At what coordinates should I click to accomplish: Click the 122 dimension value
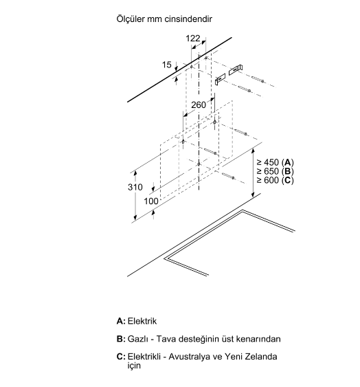point(192,38)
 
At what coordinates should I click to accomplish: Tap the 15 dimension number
point(166,65)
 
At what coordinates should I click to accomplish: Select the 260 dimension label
point(199,105)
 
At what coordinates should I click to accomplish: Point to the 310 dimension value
point(135,187)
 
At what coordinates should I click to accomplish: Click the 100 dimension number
point(151,201)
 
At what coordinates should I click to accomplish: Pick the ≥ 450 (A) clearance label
point(275,162)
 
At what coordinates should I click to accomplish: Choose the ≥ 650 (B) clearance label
point(275,171)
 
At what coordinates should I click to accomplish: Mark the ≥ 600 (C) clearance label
point(275,180)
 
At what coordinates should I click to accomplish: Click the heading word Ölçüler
point(131,19)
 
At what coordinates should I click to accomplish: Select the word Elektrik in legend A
point(142,321)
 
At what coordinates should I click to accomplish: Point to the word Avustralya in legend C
point(189,357)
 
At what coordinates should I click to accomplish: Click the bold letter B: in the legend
point(121,339)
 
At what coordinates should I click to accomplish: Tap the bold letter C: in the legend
point(121,357)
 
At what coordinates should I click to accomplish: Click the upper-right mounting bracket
point(236,70)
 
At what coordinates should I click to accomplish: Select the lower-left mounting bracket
point(220,79)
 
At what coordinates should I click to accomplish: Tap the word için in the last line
point(134,366)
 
